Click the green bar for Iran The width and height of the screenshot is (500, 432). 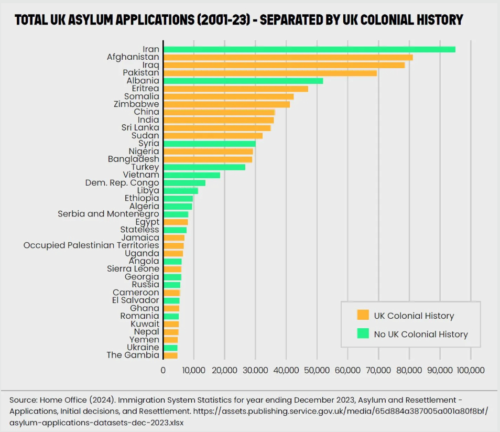[x=309, y=49]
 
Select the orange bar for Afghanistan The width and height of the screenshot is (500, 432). [x=288, y=57]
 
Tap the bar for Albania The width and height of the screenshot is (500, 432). [x=243, y=81]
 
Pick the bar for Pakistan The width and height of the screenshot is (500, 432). [x=270, y=73]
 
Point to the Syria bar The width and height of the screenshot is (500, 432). [x=210, y=144]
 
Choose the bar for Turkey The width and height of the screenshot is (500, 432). [x=204, y=167]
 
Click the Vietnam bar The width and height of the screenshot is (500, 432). [x=192, y=175]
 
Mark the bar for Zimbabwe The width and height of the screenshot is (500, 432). [x=226, y=104]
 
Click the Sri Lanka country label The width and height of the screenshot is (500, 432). [x=140, y=128]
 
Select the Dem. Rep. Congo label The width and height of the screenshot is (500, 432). [x=122, y=183]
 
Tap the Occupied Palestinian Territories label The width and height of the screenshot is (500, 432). [x=91, y=245]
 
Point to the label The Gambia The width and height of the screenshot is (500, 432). [x=133, y=355]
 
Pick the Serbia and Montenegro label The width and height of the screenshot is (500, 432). [x=108, y=214]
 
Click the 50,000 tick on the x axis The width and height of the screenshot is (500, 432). [x=317, y=370]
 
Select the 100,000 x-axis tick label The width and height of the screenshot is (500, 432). [x=471, y=370]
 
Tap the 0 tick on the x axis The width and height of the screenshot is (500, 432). [x=163, y=370]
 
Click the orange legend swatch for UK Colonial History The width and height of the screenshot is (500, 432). [x=363, y=315]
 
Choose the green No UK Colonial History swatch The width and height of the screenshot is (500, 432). [x=363, y=334]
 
